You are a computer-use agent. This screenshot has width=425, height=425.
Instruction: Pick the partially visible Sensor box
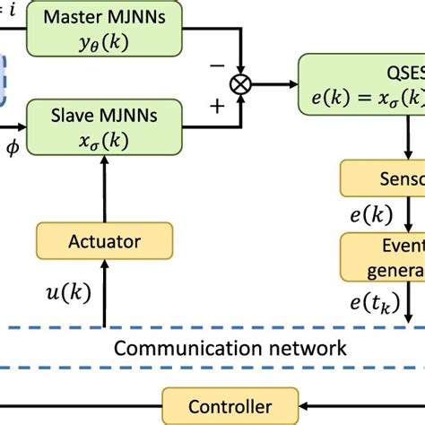[x=382, y=179]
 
